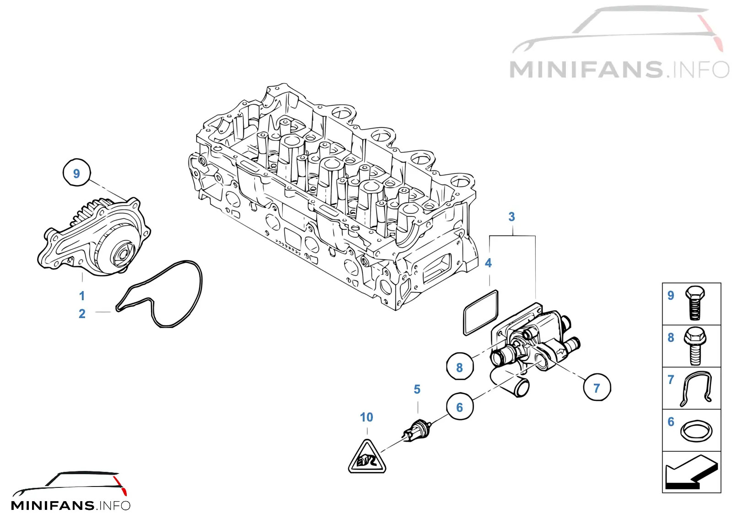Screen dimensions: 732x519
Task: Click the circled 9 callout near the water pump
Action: coord(76,173)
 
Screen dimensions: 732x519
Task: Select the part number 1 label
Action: coord(82,296)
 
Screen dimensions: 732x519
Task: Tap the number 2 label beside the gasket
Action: coord(82,314)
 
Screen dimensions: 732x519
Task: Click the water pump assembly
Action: coord(94,237)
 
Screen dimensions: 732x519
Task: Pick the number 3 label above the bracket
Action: coord(512,216)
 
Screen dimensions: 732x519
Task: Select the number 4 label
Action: coord(488,263)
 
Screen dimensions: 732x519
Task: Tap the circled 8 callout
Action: coord(460,366)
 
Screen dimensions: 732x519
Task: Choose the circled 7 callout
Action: coord(597,388)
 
